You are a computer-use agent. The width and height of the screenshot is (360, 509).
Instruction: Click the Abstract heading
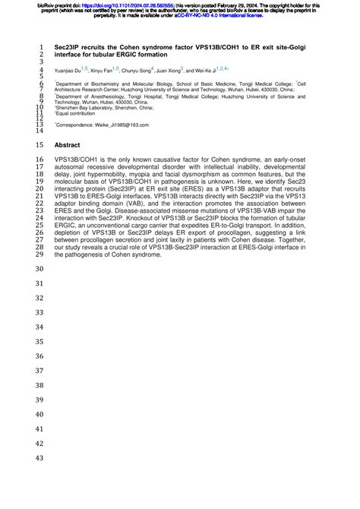(x=67, y=144)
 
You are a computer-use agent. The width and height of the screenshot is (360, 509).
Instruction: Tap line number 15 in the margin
(x=39, y=144)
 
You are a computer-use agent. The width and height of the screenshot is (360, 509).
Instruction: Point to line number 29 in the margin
(x=39, y=254)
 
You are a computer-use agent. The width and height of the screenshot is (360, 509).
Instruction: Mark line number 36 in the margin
(x=39, y=356)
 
